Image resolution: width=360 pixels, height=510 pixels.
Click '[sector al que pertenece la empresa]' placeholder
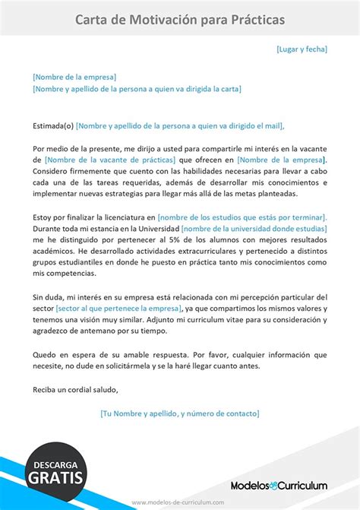(118, 309)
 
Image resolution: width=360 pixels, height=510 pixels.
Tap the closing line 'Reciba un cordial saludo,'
(76, 391)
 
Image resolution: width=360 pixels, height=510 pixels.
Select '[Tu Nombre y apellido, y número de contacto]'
(180, 413)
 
